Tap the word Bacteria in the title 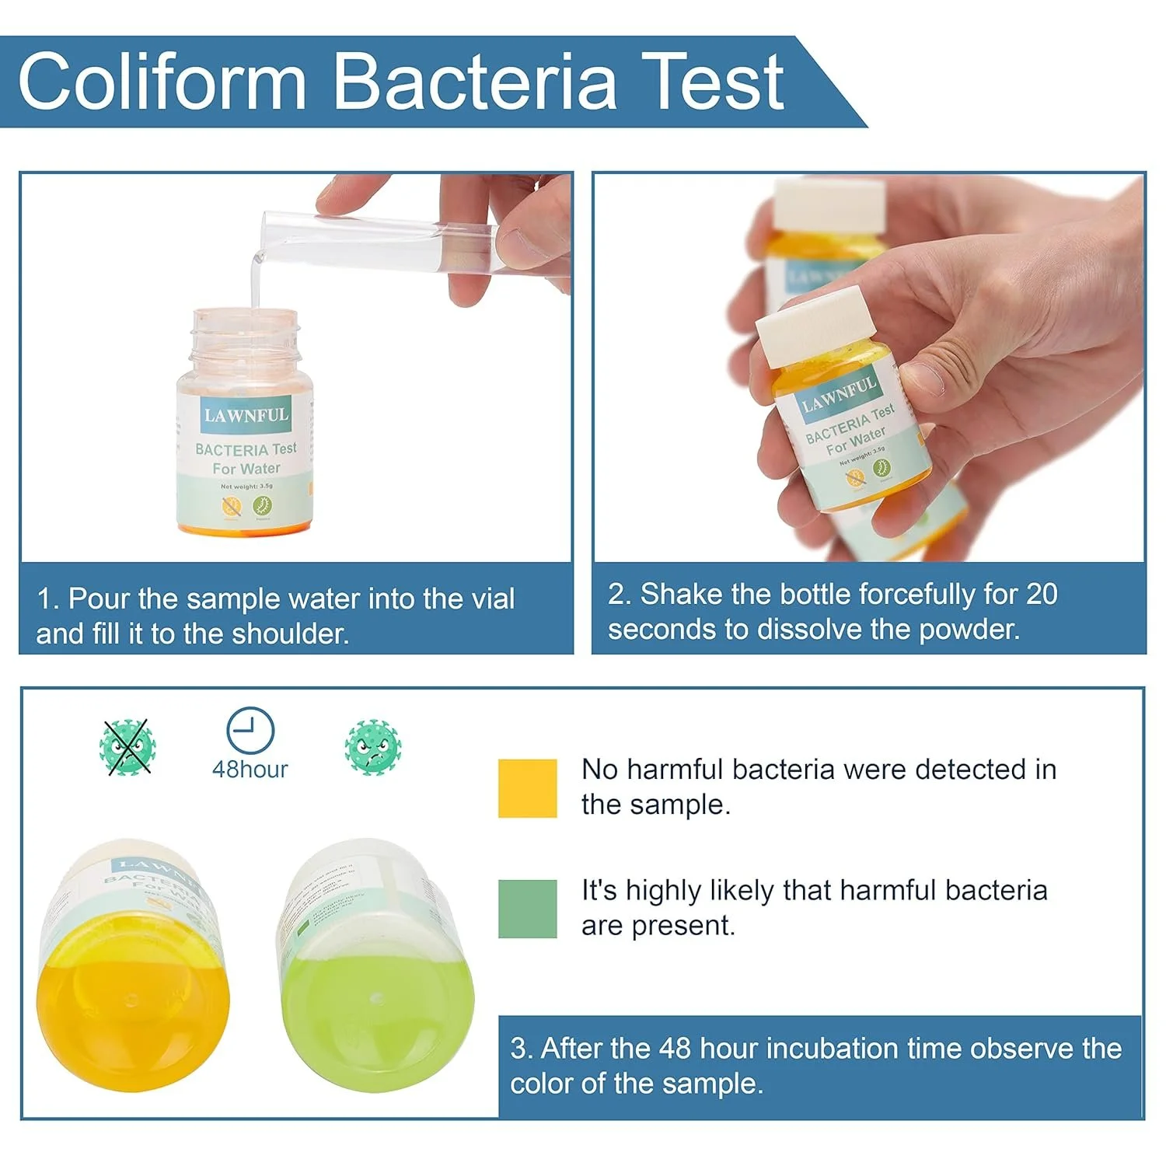tap(475, 82)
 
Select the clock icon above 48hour tap(250, 731)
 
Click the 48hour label tap(250, 770)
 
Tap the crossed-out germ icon tap(127, 747)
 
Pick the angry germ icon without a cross tap(373, 747)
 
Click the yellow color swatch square tap(527, 788)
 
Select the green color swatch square tap(527, 909)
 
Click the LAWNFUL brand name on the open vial tap(246, 415)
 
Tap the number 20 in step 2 tap(1041, 595)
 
